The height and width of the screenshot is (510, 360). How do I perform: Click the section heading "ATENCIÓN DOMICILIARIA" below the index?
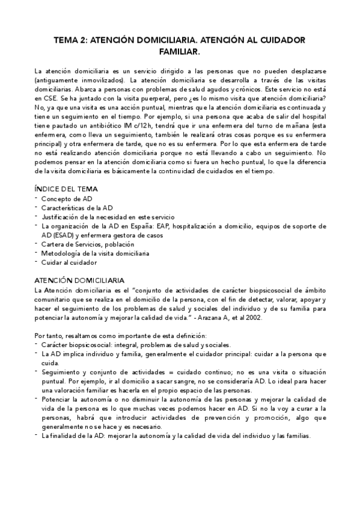pyautogui.click(x=79, y=281)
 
